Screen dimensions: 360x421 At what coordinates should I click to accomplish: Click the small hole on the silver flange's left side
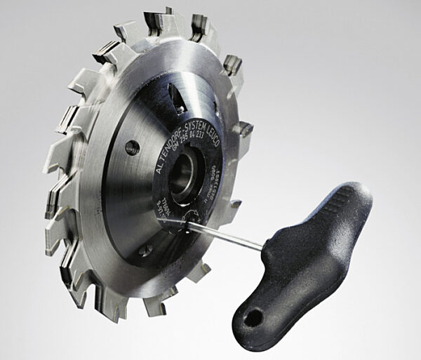[131, 147]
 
